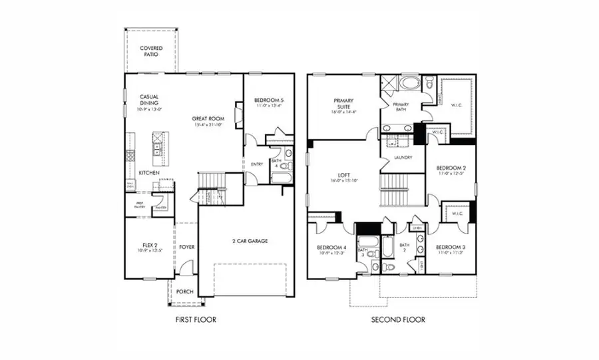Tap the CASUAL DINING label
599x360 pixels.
148,100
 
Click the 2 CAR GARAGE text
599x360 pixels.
250,240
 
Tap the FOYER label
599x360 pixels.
187,247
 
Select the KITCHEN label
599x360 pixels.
148,173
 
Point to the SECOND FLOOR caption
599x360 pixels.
398,320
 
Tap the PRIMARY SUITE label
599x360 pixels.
347,104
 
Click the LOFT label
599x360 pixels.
344,177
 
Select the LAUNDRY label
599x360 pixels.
403,158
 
